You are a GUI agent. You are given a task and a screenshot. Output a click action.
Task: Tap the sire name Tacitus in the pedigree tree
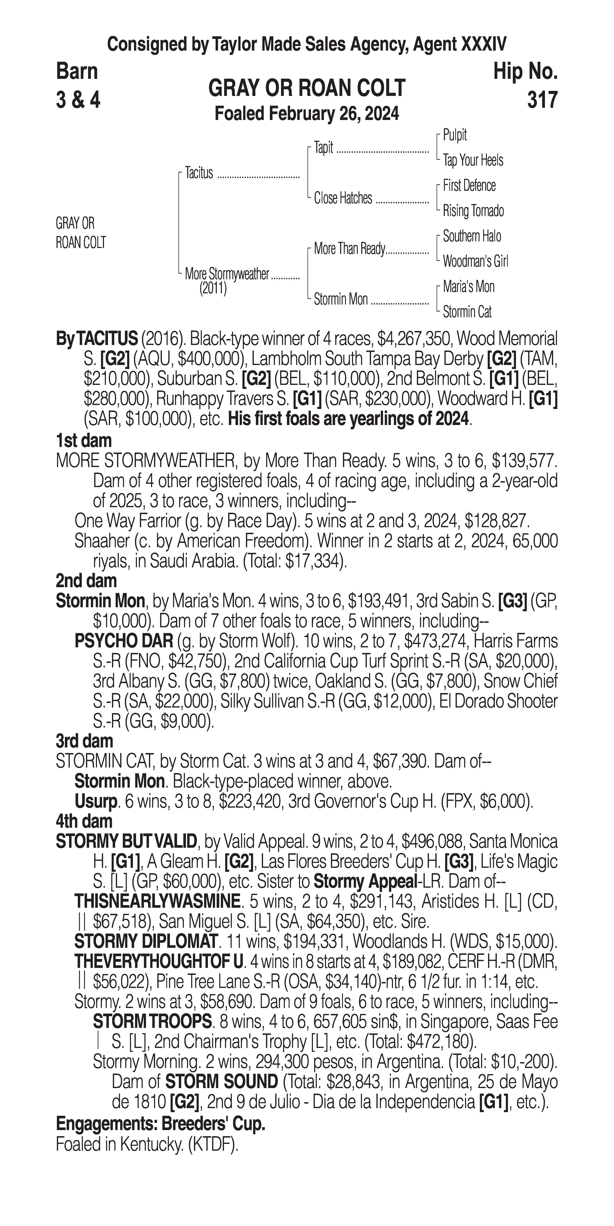[199, 173]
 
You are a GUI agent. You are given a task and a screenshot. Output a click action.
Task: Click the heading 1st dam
[84, 441]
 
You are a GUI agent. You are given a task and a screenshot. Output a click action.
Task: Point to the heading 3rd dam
[85, 741]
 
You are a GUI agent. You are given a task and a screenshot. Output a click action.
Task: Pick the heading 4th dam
[84, 821]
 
